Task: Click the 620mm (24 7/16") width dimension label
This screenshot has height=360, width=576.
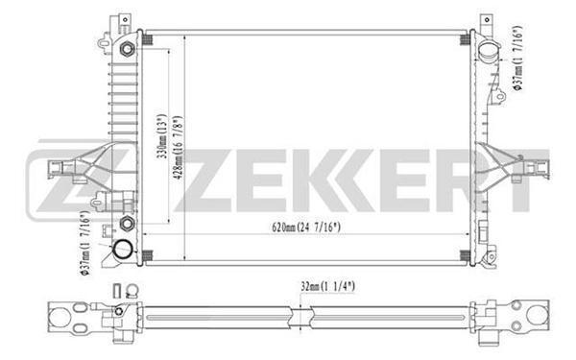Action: point(306,228)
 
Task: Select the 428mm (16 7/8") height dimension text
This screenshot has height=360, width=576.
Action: point(179,149)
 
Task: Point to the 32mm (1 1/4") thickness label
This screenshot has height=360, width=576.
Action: point(327,286)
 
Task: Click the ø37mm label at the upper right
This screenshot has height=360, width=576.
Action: point(518,58)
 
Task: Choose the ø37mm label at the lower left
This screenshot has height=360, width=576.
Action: point(84,243)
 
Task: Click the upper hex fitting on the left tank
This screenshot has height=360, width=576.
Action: point(127,49)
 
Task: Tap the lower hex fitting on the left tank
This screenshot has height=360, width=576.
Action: point(127,223)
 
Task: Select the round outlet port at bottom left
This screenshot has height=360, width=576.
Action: point(123,250)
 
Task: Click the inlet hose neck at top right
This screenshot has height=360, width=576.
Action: point(489,52)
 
